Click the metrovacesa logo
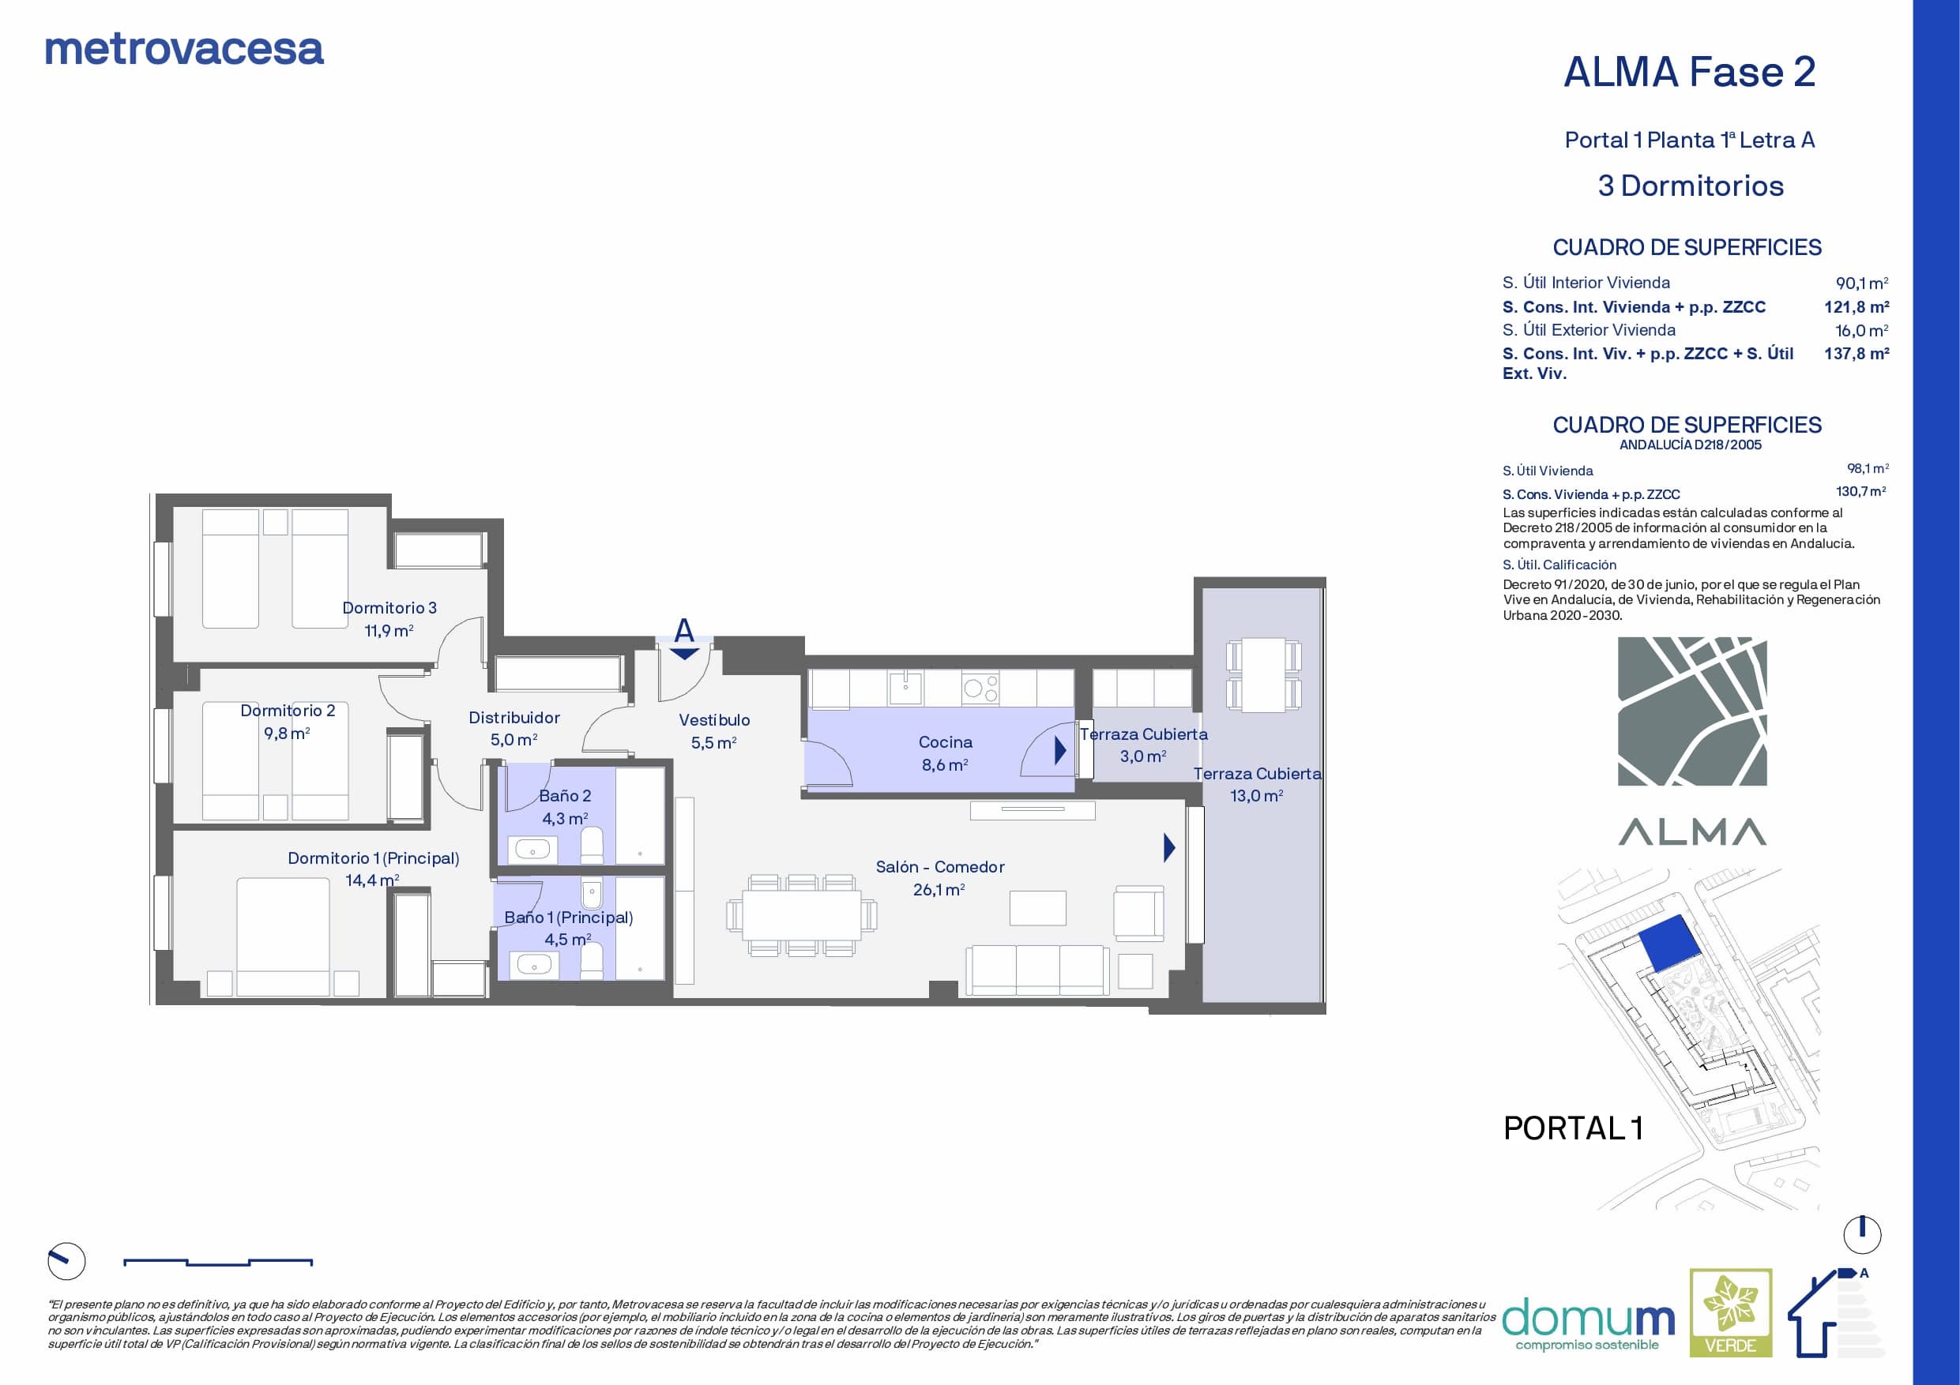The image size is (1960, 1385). point(184,50)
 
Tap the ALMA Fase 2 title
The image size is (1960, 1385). point(1689,72)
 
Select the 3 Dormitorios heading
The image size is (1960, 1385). point(1691,186)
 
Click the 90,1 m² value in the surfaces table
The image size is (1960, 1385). point(1862,283)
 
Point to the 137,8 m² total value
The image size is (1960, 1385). point(1857,353)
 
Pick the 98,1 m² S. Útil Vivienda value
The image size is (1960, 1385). point(1868,468)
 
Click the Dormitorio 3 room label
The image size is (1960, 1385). point(389,607)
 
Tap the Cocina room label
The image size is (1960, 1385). point(945,742)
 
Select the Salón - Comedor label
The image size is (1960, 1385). point(940,867)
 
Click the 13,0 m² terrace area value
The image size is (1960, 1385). point(1256,796)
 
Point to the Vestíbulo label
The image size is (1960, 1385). point(714,720)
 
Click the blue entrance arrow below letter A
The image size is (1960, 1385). point(685,655)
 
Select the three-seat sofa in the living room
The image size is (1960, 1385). point(1037,970)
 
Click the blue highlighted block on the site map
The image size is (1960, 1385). point(1665,943)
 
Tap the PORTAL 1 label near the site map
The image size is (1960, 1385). point(1573,1128)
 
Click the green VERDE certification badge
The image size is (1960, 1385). point(1731,1312)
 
